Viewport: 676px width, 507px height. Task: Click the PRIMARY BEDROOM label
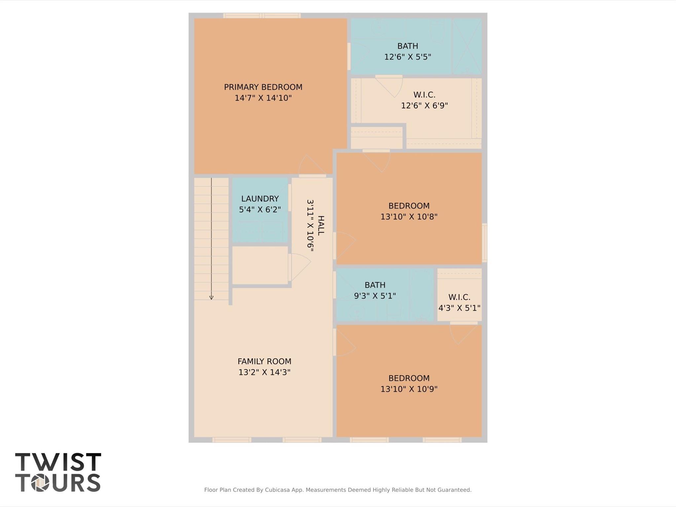point(263,87)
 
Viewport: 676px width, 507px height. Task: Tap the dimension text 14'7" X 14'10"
point(263,98)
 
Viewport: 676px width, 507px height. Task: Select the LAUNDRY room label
point(260,199)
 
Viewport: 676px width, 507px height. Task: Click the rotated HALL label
point(321,226)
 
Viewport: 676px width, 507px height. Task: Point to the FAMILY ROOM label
point(264,361)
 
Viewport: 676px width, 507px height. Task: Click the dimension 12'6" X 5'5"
point(408,57)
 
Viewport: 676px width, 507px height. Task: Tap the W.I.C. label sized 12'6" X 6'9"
point(424,95)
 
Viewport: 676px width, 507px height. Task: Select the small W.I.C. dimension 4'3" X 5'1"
point(459,308)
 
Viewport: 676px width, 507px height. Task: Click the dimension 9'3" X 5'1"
point(375,296)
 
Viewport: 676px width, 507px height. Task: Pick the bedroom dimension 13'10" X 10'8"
point(409,217)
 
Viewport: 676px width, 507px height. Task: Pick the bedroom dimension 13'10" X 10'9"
point(409,389)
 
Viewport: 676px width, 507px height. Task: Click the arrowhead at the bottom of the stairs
point(211,298)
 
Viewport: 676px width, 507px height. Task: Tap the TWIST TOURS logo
point(58,472)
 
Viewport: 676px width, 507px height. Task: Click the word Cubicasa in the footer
point(278,490)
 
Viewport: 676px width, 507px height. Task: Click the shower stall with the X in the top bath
point(467,46)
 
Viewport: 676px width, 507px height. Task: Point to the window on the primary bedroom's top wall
point(262,16)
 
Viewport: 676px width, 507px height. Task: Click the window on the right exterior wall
point(484,243)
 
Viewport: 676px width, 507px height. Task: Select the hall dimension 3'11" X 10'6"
point(310,226)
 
